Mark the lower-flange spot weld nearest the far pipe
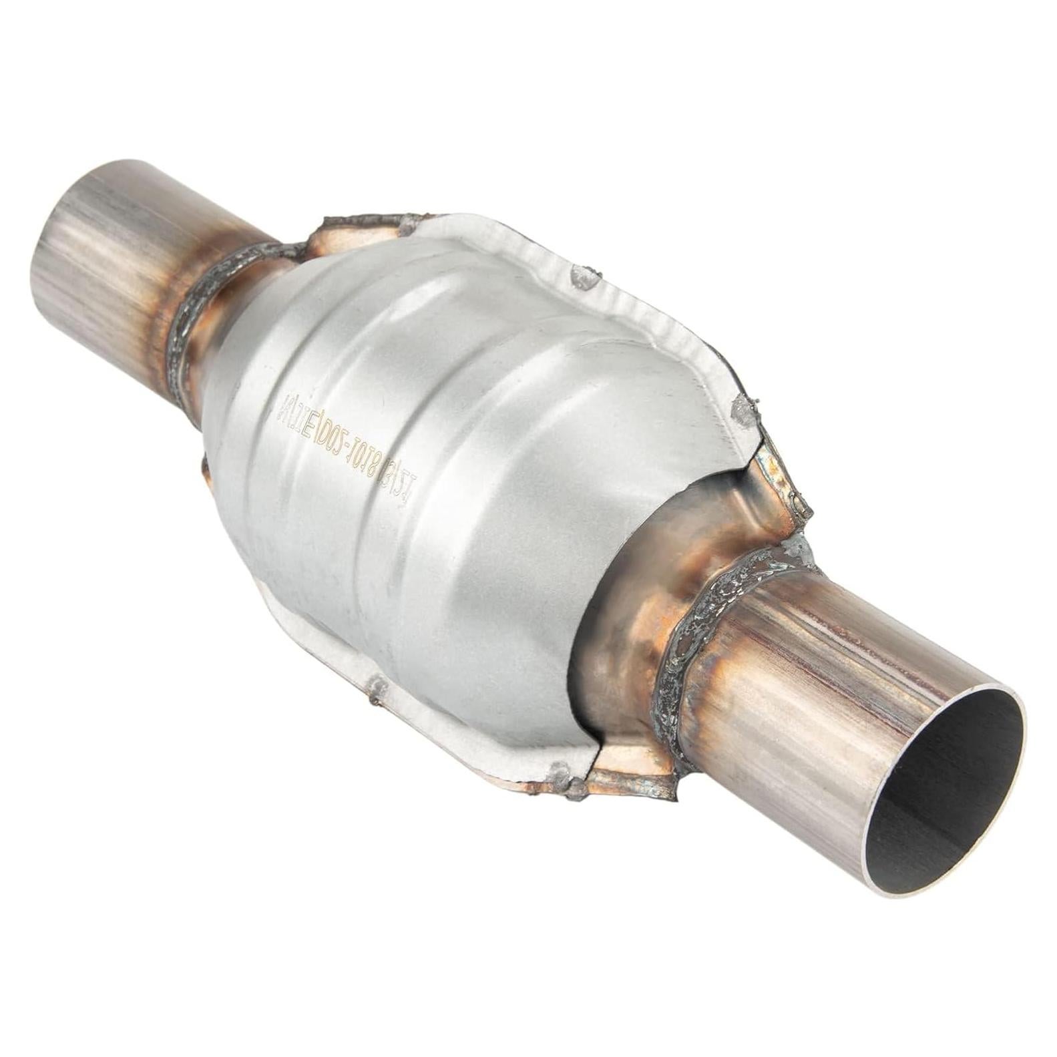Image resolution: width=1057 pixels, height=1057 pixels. pos(377,688)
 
